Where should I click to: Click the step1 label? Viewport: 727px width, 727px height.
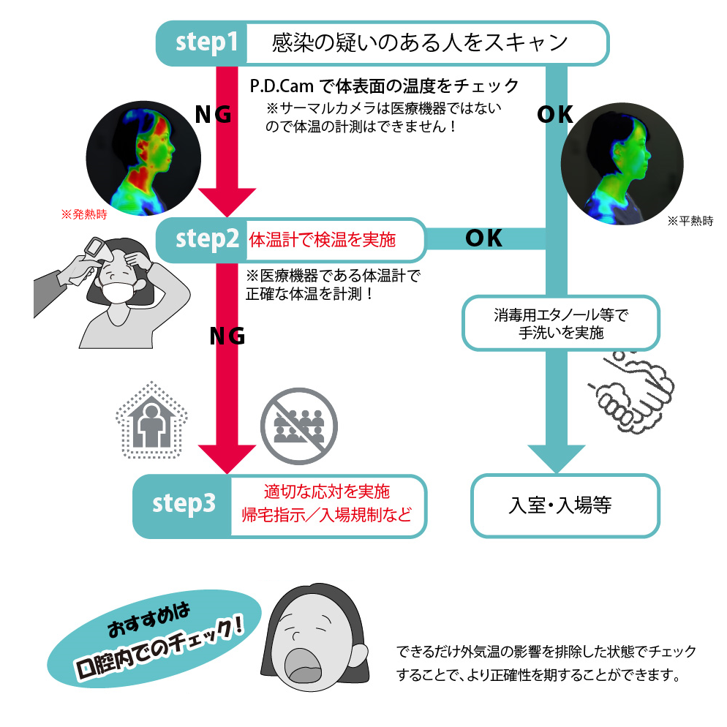pyautogui.click(x=207, y=42)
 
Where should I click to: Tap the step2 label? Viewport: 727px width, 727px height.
pyautogui.click(x=207, y=239)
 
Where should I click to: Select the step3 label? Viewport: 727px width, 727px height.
pyautogui.click(x=184, y=504)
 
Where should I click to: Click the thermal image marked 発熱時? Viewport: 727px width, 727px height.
pyautogui.click(x=143, y=158)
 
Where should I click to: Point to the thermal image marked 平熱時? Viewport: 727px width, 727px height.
pyautogui.click(x=622, y=164)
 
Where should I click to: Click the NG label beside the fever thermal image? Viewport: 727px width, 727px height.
pyautogui.click(x=213, y=114)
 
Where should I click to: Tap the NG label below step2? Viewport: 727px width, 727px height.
pyautogui.click(x=227, y=336)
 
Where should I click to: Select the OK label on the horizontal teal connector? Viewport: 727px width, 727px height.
pyautogui.click(x=483, y=238)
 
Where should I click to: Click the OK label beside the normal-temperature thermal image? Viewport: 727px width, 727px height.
pyautogui.click(x=555, y=115)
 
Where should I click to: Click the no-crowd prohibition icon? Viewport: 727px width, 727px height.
pyautogui.click(x=299, y=426)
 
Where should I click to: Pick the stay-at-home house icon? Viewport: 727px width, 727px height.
pyautogui.click(x=151, y=420)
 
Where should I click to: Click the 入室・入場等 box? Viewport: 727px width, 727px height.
pyautogui.click(x=565, y=505)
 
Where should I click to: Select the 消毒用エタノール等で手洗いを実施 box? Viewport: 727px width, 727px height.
pyautogui.click(x=561, y=323)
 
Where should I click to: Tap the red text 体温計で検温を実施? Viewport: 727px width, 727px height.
pyautogui.click(x=323, y=240)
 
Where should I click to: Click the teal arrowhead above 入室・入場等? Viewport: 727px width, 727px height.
pyautogui.click(x=557, y=459)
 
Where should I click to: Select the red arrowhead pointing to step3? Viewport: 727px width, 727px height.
pyautogui.click(x=227, y=459)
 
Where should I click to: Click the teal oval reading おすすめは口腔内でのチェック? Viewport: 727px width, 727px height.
pyautogui.click(x=154, y=639)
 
